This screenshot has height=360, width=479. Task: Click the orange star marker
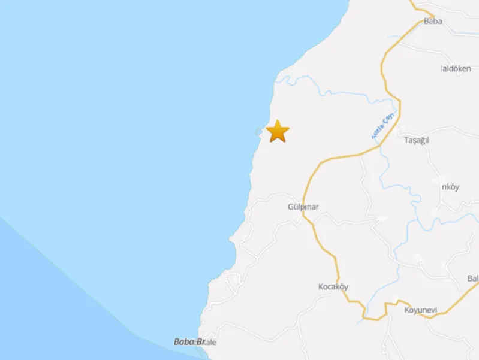pyautogui.click(x=278, y=131)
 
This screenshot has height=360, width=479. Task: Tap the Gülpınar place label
pyautogui.click(x=303, y=207)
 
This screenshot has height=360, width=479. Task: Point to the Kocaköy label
pyautogui.click(x=333, y=286)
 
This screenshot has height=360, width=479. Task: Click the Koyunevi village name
pyautogui.click(x=420, y=310)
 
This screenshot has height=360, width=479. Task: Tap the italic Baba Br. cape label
pyautogui.click(x=190, y=341)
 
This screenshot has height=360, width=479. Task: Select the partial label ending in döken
pyautogui.click(x=456, y=68)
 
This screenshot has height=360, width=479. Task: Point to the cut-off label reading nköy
pyautogui.click(x=450, y=187)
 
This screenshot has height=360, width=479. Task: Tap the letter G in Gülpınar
pyautogui.click(x=290, y=207)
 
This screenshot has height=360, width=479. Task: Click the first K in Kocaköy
pyautogui.click(x=321, y=286)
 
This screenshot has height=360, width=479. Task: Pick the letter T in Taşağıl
pyautogui.click(x=406, y=140)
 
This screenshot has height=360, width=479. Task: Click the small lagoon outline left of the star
pyautogui.click(x=259, y=131)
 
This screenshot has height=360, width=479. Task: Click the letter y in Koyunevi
pyautogui.click(x=415, y=310)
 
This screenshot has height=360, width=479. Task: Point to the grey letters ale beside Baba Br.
pyautogui.click(x=211, y=342)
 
